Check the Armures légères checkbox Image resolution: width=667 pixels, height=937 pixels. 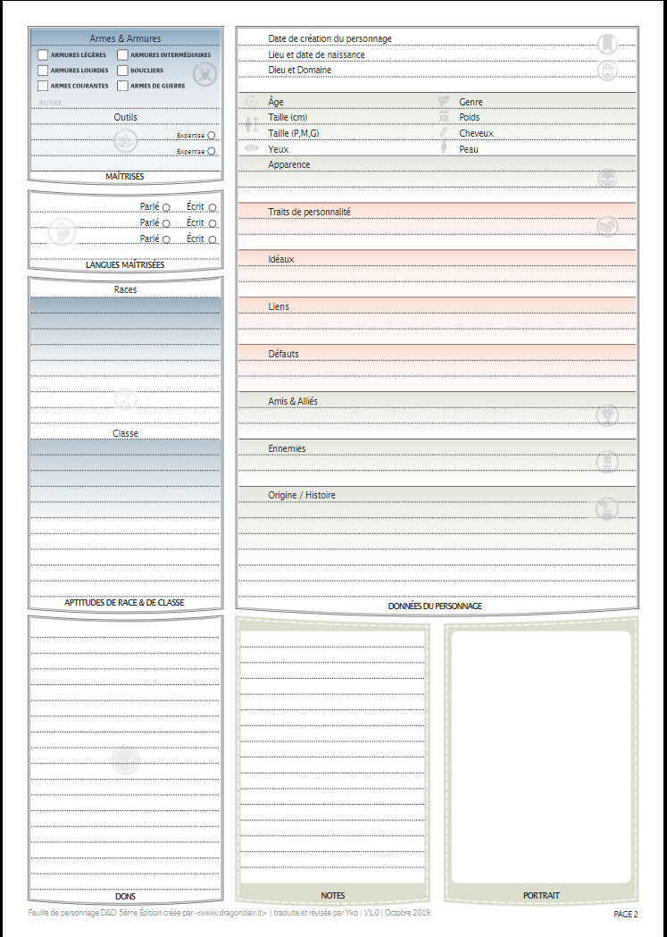pyautogui.click(x=43, y=55)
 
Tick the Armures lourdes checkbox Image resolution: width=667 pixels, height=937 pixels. pyautogui.click(x=43, y=71)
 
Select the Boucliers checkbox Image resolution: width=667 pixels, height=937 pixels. pyautogui.click(x=122, y=71)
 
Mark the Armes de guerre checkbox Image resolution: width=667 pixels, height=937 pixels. pyautogui.click(x=122, y=86)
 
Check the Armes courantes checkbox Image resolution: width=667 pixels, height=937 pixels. pyautogui.click(x=43, y=86)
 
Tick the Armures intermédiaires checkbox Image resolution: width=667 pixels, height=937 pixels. pyautogui.click(x=122, y=55)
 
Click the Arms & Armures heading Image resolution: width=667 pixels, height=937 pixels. pyautogui.click(x=125, y=38)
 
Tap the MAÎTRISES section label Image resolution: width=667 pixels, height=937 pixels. pyautogui.click(x=125, y=177)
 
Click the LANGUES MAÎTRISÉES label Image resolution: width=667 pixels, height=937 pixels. pyautogui.click(x=125, y=265)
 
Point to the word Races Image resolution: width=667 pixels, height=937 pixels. pyautogui.click(x=125, y=289)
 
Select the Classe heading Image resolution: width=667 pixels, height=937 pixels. pyautogui.click(x=125, y=433)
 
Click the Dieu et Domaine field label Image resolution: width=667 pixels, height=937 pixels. pyautogui.click(x=299, y=70)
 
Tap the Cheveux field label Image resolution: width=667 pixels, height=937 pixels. pyautogui.click(x=476, y=133)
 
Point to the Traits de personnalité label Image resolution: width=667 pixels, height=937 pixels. pyautogui.click(x=309, y=212)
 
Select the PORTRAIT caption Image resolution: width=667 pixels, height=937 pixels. pyautogui.click(x=542, y=895)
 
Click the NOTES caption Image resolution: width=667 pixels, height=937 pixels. pyautogui.click(x=333, y=895)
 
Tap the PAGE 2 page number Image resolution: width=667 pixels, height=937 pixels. pyautogui.click(x=625, y=914)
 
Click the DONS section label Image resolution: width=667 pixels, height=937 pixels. pyautogui.click(x=125, y=896)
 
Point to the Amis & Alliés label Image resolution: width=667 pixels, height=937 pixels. pyautogui.click(x=293, y=401)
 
